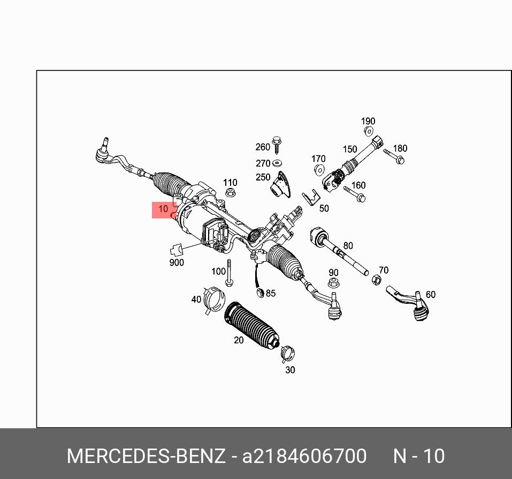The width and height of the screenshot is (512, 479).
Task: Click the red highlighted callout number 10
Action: coord(164,209)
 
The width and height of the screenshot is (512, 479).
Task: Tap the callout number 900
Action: coord(177,262)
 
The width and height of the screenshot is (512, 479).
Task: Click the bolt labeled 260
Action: coord(277,146)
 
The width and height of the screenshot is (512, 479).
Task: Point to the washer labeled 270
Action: coord(277,163)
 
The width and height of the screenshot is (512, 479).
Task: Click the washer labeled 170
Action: coord(319,170)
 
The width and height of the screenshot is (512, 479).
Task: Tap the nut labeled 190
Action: coord(369,131)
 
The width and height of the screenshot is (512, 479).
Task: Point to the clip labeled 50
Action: coord(310,200)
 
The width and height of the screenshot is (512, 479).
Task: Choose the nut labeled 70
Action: coord(376,280)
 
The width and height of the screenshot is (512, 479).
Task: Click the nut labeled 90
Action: coord(333,284)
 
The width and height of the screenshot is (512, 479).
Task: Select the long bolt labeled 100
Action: coord(229,273)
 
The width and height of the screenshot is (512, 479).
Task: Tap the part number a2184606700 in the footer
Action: coord(304,457)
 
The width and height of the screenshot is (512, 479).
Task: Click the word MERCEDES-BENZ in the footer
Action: coord(146,457)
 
